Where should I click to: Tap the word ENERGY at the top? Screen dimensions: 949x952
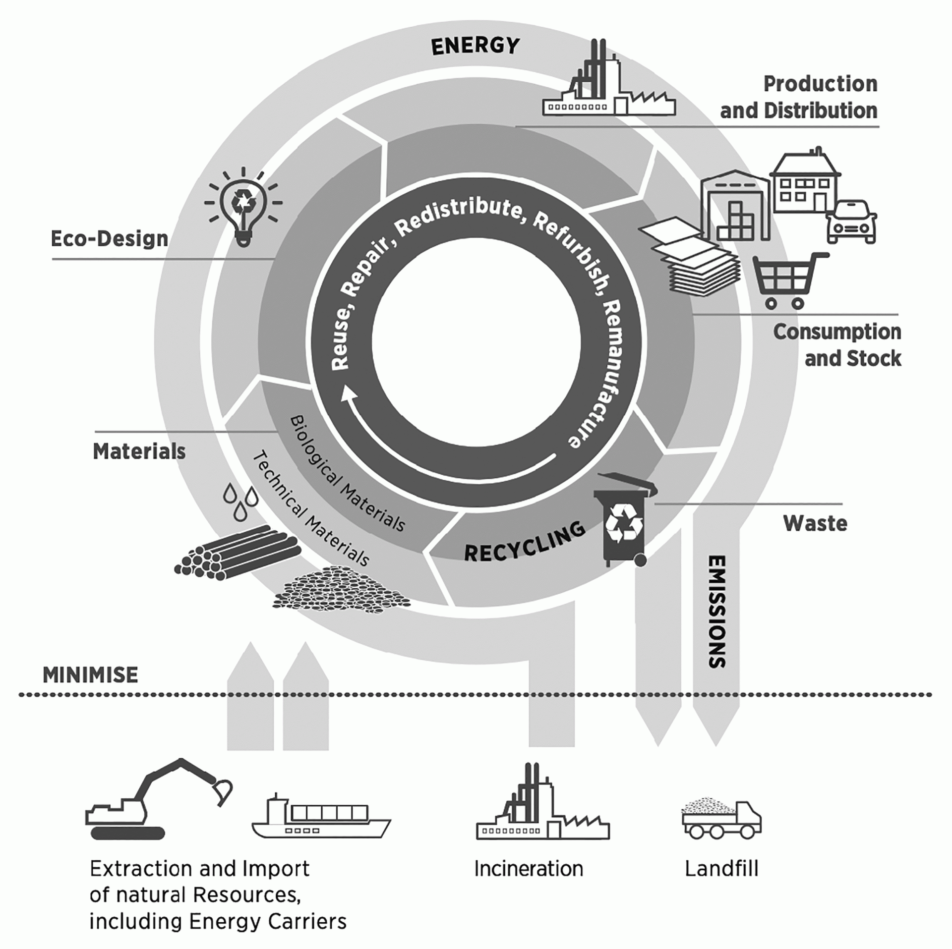475,47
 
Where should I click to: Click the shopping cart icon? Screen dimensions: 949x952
788,280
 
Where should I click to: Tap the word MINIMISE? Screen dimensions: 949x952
90,675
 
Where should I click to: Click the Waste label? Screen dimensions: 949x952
815,523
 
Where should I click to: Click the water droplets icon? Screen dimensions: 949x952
241,501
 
